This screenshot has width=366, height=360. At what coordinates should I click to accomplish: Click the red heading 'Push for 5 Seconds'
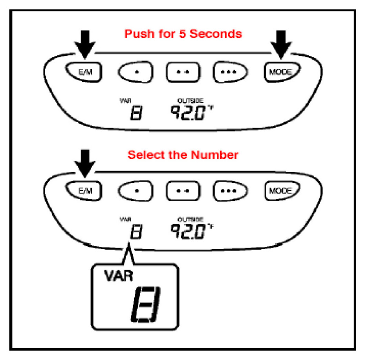coord(183,34)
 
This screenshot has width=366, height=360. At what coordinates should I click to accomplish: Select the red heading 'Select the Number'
coord(183,155)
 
